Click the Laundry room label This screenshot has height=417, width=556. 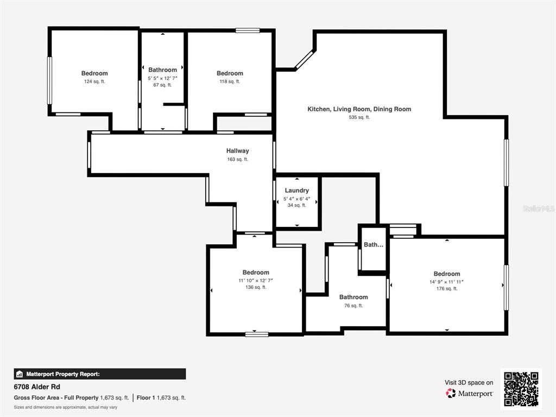[x=296, y=191]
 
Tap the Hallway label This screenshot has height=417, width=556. [x=237, y=151]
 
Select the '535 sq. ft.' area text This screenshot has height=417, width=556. [x=359, y=117]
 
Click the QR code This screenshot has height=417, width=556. [x=521, y=389]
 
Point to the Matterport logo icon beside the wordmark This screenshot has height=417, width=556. [x=451, y=393]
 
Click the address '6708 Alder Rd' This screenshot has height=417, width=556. [x=37, y=387]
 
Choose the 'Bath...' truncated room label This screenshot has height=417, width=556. [x=373, y=245]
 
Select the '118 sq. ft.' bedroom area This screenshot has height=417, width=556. [x=230, y=81]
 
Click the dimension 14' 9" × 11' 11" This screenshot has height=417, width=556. [x=446, y=282]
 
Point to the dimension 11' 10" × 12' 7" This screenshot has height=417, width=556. [x=256, y=280]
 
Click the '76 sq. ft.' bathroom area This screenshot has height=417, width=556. [x=353, y=306]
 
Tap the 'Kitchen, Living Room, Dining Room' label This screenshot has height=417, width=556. [x=359, y=109]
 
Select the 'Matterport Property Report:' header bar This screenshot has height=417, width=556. [x=100, y=374]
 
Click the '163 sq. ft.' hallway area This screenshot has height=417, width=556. [x=237, y=160]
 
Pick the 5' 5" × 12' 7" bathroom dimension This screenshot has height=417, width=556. [x=162, y=78]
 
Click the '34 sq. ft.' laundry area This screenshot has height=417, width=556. [x=296, y=205]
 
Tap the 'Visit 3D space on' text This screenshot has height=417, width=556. [x=469, y=382]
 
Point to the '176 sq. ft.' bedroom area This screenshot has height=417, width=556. [x=446, y=289]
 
